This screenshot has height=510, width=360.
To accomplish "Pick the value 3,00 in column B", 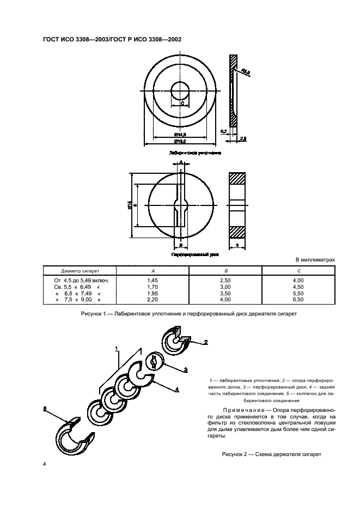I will [x=226, y=287].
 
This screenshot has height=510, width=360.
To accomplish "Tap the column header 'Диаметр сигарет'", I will [x=80, y=270].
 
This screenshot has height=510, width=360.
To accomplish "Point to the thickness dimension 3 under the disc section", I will [x=237, y=246].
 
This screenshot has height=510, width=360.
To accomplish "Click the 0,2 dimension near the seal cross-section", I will [x=224, y=131].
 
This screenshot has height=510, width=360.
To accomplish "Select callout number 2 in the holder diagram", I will [x=206, y=343].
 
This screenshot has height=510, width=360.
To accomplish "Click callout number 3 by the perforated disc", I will [x=186, y=369].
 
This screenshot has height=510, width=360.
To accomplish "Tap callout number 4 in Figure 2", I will [x=177, y=388].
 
